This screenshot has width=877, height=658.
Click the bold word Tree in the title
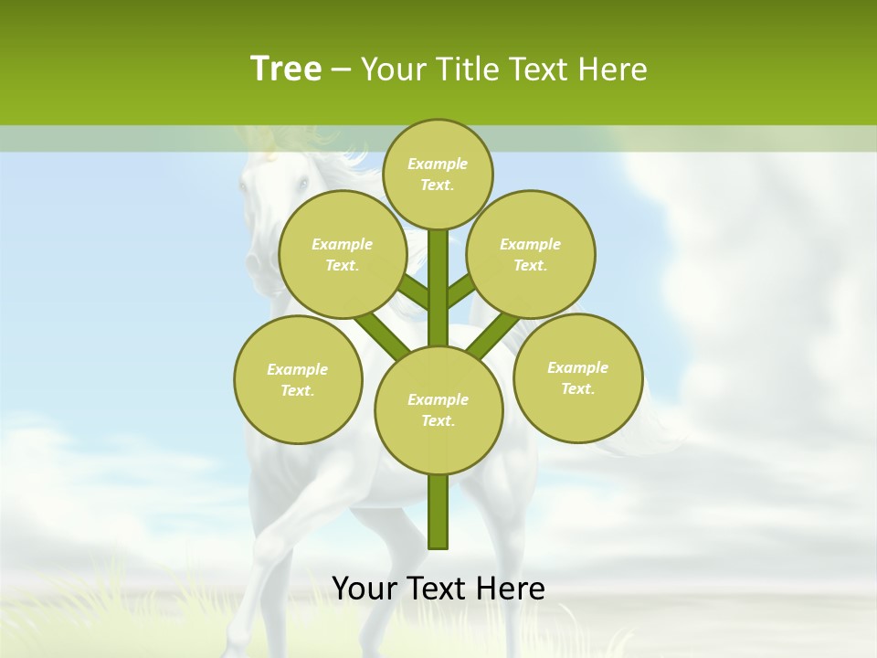(286, 69)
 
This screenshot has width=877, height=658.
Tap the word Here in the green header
(611, 69)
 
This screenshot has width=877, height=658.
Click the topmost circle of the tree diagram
(438, 174)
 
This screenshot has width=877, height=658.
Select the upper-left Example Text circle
(342, 254)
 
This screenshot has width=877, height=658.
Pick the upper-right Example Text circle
(530, 254)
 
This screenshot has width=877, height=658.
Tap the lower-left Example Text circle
(298, 379)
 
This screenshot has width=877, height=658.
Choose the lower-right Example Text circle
(577, 377)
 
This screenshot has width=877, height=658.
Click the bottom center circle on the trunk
(438, 409)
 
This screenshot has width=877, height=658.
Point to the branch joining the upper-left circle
(414, 292)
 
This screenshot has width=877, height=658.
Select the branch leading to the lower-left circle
(383, 334)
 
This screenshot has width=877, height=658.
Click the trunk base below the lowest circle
(438, 512)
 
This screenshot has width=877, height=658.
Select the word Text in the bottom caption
(438, 589)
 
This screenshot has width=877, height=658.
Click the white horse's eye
(301, 184)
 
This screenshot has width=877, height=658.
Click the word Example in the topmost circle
(438, 164)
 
